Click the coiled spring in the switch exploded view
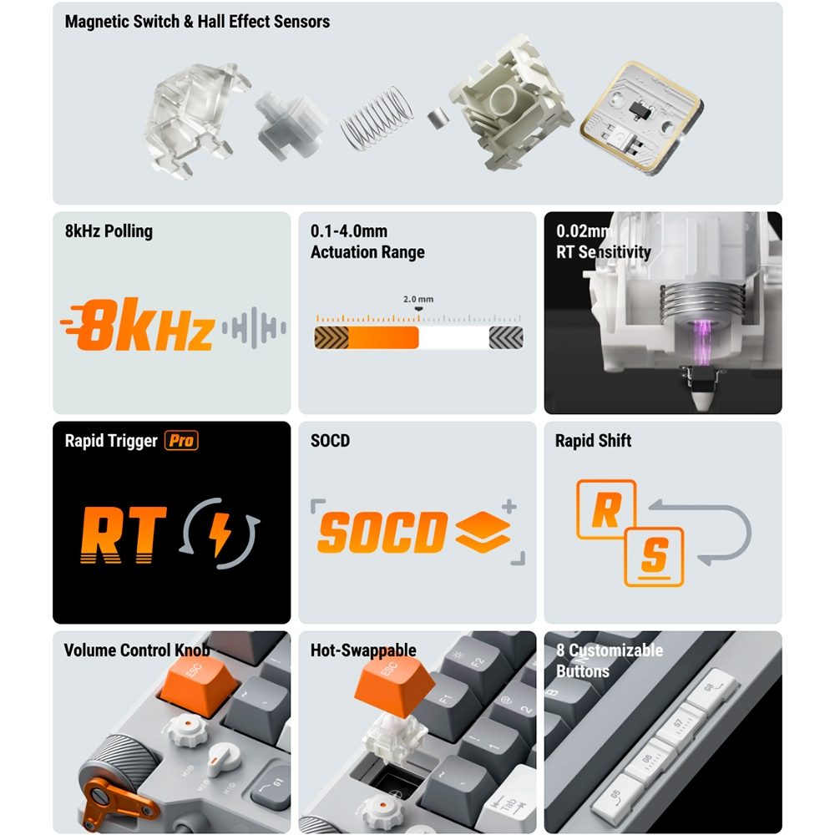point(377,119)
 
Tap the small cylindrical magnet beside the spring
point(438,118)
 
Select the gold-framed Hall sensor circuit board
point(641,119)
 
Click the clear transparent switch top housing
point(195,120)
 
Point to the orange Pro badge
point(181,440)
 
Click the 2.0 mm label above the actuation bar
point(418,299)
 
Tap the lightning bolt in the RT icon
point(220,534)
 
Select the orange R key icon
point(606,509)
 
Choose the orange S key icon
point(655,557)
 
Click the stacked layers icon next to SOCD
point(483,532)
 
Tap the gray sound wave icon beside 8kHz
point(254,327)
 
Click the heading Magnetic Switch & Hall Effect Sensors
point(197,22)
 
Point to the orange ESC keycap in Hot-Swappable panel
point(395,686)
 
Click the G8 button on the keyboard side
point(712,691)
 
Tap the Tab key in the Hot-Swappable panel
point(509,805)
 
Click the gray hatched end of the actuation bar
point(506,337)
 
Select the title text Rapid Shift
point(593,440)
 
